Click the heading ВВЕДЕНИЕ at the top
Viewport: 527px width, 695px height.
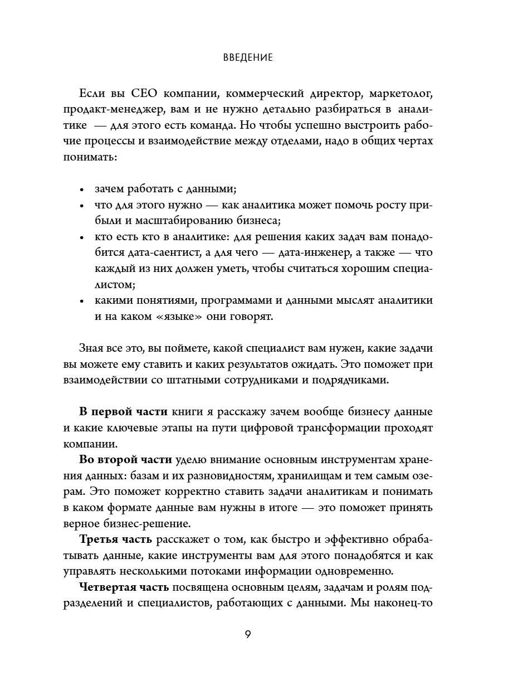[x=248, y=57]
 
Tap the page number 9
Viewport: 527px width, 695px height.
[x=248, y=634]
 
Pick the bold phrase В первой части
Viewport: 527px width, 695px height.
[x=123, y=412]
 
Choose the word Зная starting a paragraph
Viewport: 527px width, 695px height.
[x=92, y=348]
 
